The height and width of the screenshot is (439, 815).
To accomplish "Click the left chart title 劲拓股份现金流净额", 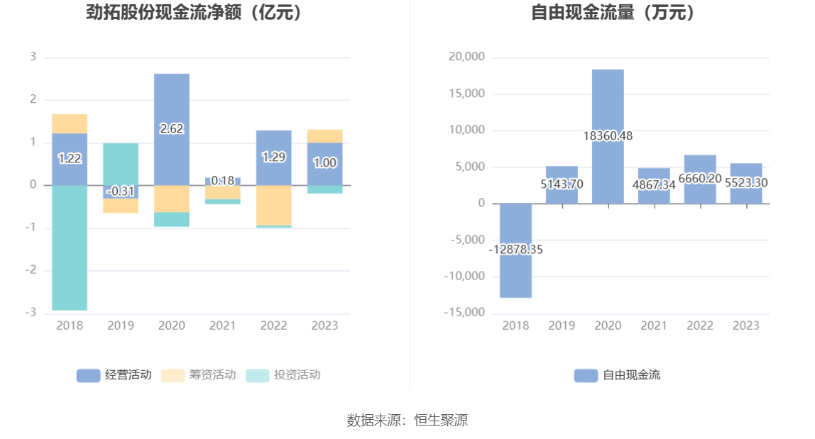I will (194, 13).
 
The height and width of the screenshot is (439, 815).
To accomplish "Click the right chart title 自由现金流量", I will (615, 13).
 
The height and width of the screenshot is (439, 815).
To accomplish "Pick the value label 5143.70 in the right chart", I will (562, 183).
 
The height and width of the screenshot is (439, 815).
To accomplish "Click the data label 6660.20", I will (700, 178).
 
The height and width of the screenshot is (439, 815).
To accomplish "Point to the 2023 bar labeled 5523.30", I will (746, 183).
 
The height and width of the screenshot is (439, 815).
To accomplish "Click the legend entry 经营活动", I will (114, 375).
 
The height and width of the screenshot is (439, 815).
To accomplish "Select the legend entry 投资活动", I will (283, 375).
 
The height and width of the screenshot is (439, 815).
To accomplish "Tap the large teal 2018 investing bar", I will (70, 248).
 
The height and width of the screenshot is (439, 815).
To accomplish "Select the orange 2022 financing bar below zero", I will (274, 206).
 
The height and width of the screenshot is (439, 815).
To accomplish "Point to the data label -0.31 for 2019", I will (121, 191).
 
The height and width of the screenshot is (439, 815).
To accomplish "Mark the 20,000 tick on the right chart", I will (466, 57).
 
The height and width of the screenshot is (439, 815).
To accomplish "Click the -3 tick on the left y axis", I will (32, 313).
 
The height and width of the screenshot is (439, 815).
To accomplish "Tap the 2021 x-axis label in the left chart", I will (223, 326).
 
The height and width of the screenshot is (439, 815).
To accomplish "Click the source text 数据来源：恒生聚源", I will (407, 420).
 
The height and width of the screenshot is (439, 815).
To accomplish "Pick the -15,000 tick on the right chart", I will (464, 313).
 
